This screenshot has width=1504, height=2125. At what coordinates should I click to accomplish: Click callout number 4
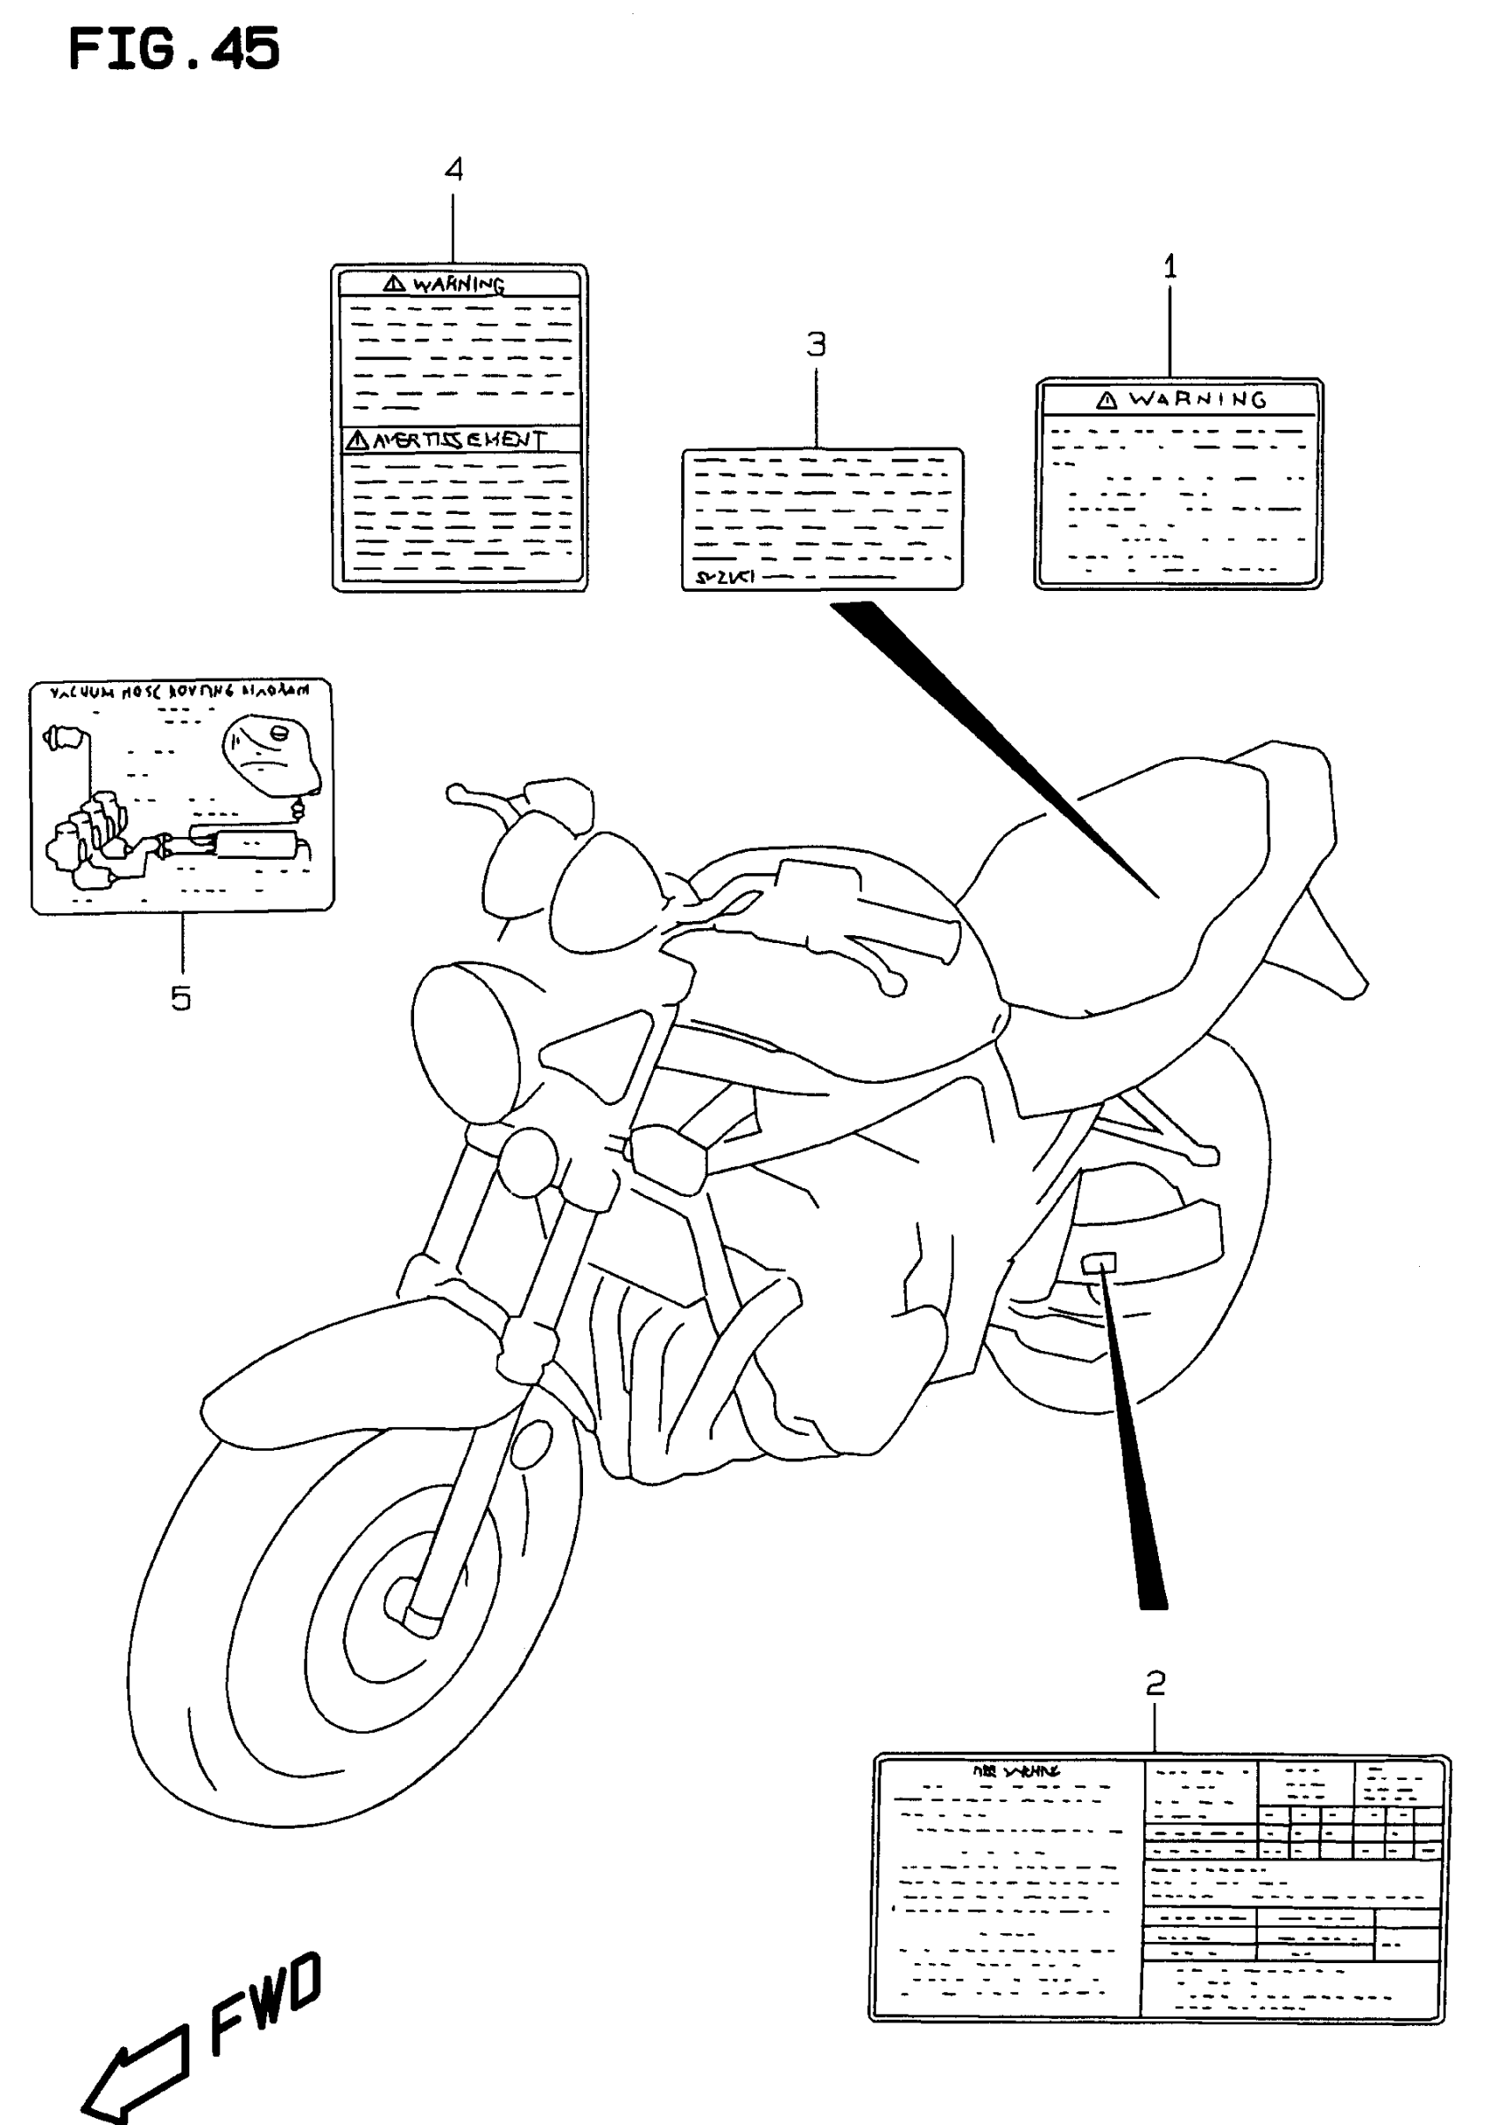point(454,170)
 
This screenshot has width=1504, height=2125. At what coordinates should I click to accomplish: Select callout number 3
point(816,344)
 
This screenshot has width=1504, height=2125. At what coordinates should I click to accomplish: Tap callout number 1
point(1170,266)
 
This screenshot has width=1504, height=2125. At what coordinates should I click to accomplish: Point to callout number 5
point(180,998)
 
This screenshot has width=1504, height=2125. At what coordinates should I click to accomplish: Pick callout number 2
point(1155,1683)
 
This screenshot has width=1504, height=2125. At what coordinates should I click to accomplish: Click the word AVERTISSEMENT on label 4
point(458,440)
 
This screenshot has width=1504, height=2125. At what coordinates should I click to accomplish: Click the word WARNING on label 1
point(1196,400)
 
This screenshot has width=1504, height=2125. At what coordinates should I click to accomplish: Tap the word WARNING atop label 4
point(458,284)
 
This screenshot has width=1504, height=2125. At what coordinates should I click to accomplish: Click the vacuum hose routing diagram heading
point(179,692)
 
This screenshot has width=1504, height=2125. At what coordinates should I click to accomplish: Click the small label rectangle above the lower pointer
point(1100,1262)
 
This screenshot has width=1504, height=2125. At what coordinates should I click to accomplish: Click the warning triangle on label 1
point(1106,400)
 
